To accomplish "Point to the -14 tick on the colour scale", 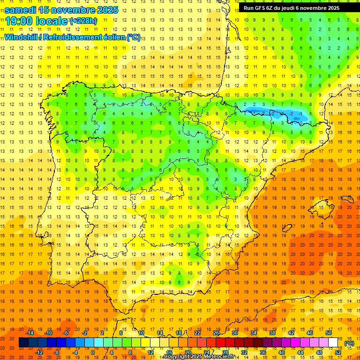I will pos(30,333).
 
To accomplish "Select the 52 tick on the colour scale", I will pos(338,352).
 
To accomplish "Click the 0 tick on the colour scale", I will pos(93,352).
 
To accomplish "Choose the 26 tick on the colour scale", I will pos(216,333).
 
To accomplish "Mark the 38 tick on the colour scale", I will pos(272,333).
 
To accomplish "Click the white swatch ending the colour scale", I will pos(333,343).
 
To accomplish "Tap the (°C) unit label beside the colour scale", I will pos(349,343).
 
